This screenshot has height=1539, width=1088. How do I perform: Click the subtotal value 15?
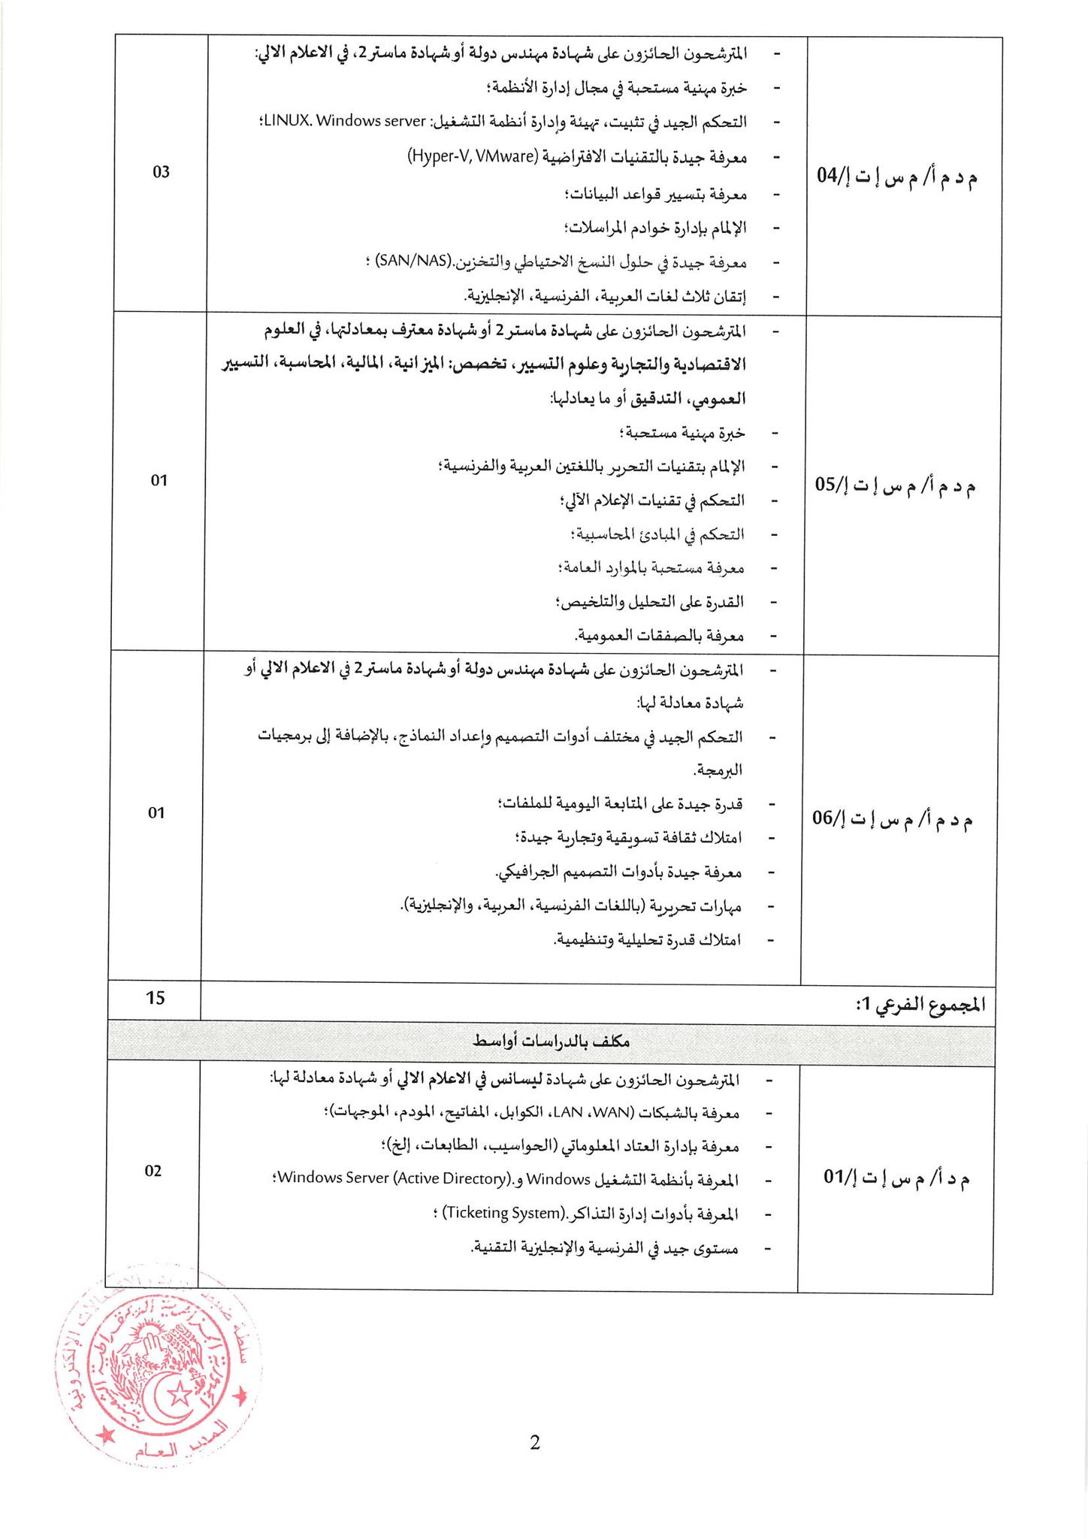pos(156,998)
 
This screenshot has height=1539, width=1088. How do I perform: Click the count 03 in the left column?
pos(161,172)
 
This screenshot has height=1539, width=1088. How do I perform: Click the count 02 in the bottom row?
pos(153,1171)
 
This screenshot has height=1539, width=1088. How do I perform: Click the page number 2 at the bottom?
pos(535,1442)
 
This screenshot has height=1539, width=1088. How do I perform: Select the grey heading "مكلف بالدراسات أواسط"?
pos(551,1041)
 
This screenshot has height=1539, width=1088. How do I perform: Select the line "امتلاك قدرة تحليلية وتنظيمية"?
pos(647,939)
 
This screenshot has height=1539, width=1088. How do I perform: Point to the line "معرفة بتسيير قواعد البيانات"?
pos(655,194)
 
